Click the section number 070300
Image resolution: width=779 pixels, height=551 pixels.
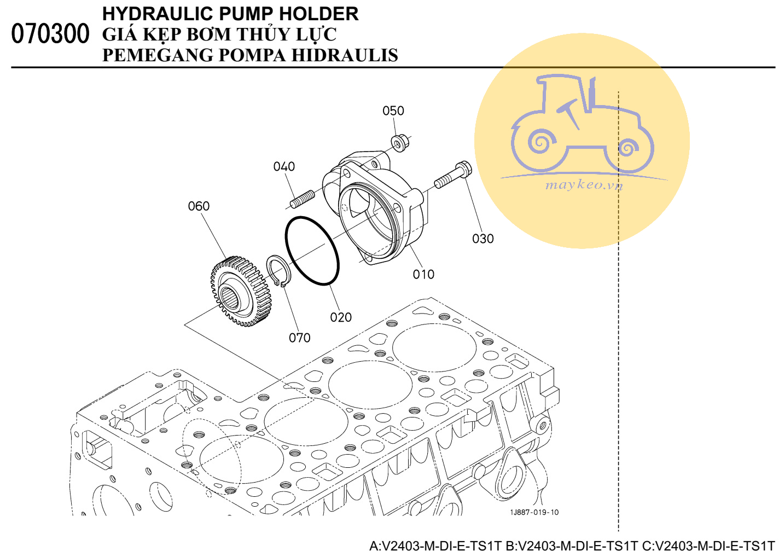[50, 34]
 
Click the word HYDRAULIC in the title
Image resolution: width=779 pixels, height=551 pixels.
[158, 14]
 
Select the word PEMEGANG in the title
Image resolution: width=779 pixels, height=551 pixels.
[158, 55]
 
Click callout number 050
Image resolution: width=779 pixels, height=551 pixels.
[393, 111]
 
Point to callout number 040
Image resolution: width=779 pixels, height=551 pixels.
[284, 167]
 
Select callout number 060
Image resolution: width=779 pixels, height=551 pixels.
[199, 206]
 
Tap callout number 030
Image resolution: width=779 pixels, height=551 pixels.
[482, 239]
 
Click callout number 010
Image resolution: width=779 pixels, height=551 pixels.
[423, 275]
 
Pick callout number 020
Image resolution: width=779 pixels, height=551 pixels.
[341, 317]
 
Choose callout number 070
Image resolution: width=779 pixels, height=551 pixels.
[299, 338]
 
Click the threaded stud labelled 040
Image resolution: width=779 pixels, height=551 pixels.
[302, 199]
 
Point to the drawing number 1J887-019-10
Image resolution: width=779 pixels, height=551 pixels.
[534, 512]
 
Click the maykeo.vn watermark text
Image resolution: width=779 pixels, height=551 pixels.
[584, 185]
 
